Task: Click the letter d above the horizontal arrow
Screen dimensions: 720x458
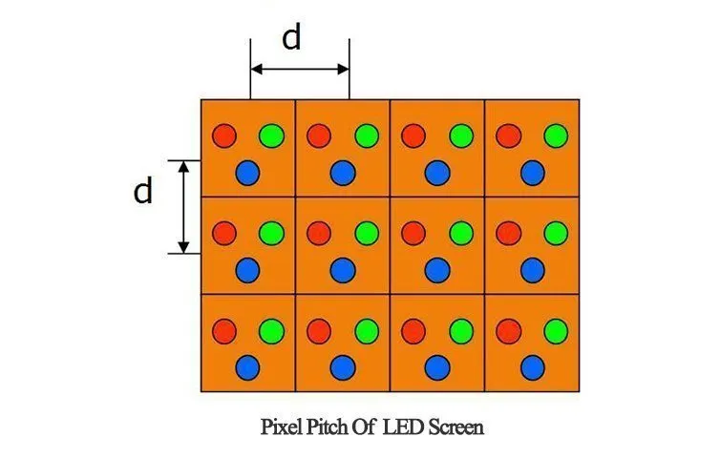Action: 291,37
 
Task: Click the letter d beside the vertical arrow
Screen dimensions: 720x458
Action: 143,191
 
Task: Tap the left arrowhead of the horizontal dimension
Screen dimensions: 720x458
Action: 257,70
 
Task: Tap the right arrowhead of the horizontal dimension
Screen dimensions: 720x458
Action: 343,70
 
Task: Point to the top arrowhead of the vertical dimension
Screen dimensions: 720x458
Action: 183,167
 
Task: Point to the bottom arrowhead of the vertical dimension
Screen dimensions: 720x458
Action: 183,247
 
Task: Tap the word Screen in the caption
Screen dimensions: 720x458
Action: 456,427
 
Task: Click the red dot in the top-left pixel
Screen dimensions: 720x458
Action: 224,135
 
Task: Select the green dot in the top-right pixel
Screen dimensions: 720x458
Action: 556,135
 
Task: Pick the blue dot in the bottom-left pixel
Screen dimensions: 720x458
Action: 248,367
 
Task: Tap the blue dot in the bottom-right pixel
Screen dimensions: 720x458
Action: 533,367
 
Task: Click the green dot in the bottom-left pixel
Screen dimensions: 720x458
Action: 272,331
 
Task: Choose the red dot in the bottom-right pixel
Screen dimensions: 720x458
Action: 509,331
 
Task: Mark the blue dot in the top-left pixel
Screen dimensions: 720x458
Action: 248,173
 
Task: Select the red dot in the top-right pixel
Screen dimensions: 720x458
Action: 509,135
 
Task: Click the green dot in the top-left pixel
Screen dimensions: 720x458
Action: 272,135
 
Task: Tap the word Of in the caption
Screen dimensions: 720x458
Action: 365,427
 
